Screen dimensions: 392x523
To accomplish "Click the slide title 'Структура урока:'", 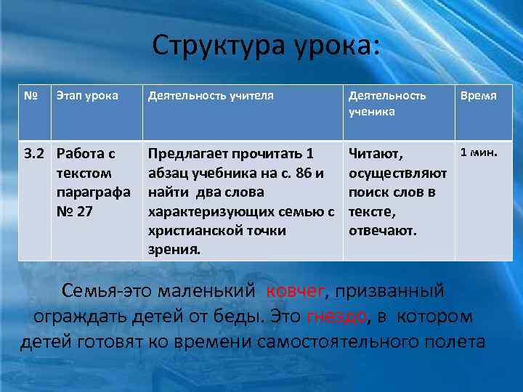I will pos(266,46).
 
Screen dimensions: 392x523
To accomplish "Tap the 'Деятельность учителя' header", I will pos(211,95).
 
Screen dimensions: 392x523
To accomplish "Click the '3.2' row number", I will pos(33,154).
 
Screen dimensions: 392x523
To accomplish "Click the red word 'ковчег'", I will pos(296,292).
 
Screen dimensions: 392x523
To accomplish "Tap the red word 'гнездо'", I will pos(337,317).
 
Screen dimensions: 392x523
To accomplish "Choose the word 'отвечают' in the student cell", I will pos(382,231).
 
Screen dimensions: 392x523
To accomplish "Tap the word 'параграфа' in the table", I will pos(93,193).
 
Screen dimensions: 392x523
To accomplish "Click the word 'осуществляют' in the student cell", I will pos(397,173).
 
